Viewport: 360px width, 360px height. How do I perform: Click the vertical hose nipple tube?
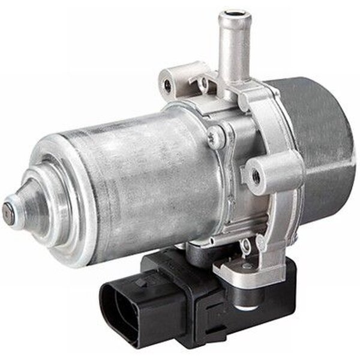point(233,48)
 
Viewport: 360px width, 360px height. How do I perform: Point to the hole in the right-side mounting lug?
point(257,175)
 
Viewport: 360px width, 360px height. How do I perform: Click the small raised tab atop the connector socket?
point(143,280)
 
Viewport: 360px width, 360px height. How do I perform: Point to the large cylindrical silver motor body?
point(138,174)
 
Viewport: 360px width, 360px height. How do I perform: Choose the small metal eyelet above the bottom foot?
point(244,244)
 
